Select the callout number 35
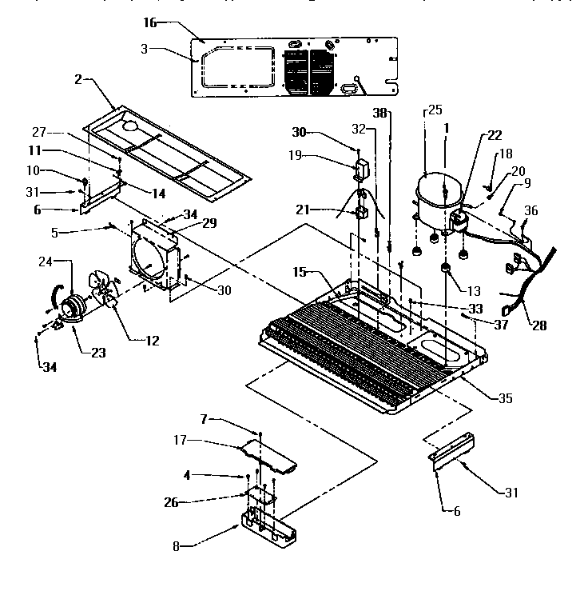[x=505, y=397]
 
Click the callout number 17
[x=181, y=440]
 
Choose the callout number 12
[x=151, y=341]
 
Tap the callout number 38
[x=381, y=114]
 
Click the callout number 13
[x=475, y=291]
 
